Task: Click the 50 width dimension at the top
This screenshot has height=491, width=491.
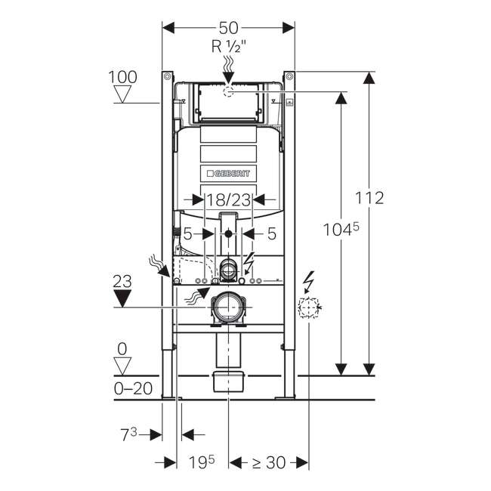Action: click(228, 28)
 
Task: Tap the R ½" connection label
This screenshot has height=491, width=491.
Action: click(229, 47)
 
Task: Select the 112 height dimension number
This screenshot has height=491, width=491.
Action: click(369, 198)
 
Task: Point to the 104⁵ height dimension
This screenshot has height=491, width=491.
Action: click(341, 230)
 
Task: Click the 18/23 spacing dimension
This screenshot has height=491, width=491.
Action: click(229, 200)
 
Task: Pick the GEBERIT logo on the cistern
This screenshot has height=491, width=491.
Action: click(228, 173)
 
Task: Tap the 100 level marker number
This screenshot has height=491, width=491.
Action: click(122, 77)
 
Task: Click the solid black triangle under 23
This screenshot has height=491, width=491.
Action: click(122, 298)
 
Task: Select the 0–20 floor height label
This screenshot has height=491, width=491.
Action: click(134, 389)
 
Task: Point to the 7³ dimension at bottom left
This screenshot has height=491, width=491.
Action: click(129, 435)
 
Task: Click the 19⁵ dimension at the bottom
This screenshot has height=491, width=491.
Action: click(202, 462)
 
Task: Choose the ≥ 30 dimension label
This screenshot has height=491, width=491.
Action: click(269, 462)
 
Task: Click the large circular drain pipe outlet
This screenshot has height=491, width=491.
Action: click(229, 307)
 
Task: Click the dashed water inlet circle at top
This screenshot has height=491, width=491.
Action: click(229, 91)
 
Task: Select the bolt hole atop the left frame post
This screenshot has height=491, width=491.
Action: click(167, 76)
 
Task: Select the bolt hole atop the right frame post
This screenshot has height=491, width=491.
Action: click(290, 76)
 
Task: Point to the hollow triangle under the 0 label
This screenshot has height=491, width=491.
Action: click(122, 366)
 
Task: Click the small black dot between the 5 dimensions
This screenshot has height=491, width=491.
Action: click(229, 233)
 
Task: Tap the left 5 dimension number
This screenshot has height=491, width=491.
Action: click(187, 233)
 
